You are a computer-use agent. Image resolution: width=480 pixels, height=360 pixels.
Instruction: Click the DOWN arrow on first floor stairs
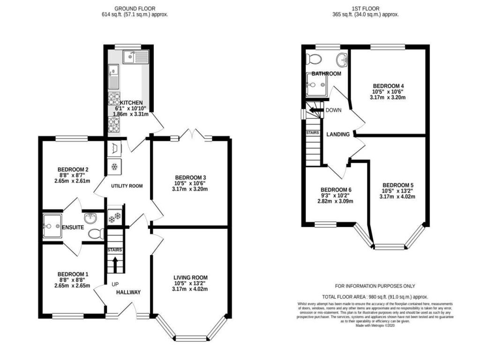point(315,111)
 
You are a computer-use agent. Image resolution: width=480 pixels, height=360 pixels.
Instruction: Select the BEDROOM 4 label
point(388,86)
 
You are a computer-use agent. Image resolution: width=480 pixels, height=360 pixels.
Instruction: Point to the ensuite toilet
point(96,233)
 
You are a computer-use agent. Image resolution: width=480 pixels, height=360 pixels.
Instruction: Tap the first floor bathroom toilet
point(313,59)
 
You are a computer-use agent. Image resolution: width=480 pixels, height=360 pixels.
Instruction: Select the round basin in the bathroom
point(342,60)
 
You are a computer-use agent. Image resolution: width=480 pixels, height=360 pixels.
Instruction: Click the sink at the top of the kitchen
point(135,57)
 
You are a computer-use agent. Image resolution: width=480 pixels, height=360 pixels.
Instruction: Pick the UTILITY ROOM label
point(127,186)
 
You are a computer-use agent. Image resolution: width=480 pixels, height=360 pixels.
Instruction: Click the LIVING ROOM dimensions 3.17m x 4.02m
point(190,289)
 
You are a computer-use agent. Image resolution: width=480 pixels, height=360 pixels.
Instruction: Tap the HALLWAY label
point(128,292)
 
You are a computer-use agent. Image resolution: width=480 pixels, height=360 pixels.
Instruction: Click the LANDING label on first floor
point(338,135)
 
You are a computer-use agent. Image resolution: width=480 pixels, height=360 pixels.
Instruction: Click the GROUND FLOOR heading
point(135,8)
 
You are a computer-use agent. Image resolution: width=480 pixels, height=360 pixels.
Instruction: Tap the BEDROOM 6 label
point(336,190)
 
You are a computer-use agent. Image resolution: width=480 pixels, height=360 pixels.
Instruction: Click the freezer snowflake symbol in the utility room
point(114,166)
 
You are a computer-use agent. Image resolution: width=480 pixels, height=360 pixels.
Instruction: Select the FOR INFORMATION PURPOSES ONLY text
point(375,286)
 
